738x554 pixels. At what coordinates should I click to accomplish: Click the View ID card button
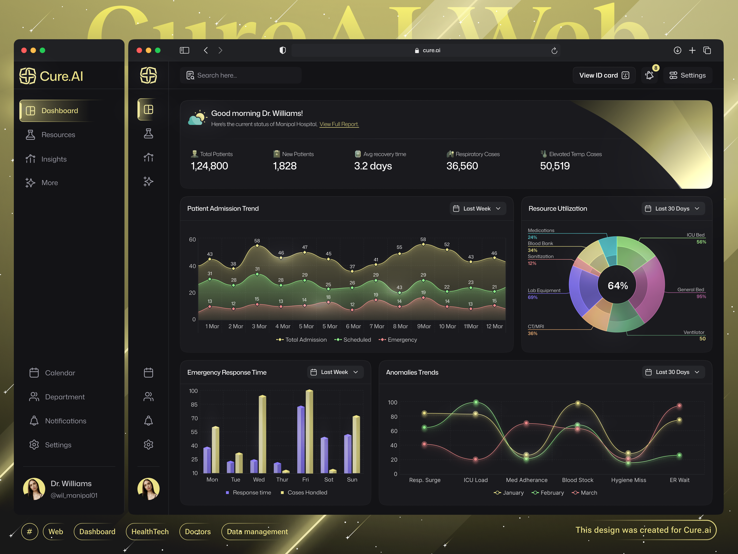click(x=604, y=75)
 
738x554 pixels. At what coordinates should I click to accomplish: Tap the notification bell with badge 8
click(x=649, y=75)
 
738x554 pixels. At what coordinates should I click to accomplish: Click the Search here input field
click(x=241, y=75)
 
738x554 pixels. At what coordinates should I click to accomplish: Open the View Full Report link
click(x=339, y=124)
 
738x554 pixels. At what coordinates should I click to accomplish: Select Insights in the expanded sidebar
click(x=54, y=159)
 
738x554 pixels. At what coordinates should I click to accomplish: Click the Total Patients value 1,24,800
click(x=209, y=166)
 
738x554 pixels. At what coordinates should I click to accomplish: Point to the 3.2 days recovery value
click(x=373, y=166)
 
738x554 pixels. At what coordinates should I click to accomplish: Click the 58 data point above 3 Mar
click(x=257, y=246)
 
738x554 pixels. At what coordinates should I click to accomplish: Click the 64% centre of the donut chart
click(x=618, y=286)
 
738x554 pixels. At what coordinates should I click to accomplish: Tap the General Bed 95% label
click(x=691, y=293)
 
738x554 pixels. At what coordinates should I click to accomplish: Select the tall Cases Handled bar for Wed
click(x=263, y=434)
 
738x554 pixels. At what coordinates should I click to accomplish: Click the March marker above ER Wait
click(x=679, y=406)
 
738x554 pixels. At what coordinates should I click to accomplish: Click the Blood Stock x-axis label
click(x=577, y=480)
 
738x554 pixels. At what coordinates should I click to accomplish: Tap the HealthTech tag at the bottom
click(x=150, y=531)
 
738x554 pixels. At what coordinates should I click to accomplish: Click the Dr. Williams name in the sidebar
click(x=71, y=484)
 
